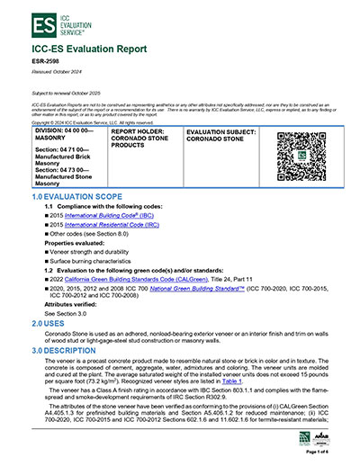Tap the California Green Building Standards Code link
click(129, 280)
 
